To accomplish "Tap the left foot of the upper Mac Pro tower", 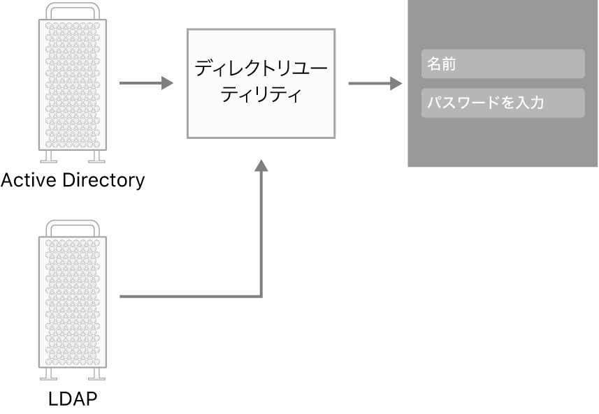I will pyautogui.click(x=49, y=156).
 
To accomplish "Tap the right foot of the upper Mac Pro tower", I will pyautogui.click(x=96, y=156).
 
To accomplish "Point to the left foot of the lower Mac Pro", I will pyautogui.click(x=49, y=374).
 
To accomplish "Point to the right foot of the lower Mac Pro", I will pyautogui.click(x=96, y=374).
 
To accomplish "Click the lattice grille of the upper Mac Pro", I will pyautogui.click(x=73, y=84).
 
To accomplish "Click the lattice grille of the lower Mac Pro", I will pyautogui.click(x=73, y=300).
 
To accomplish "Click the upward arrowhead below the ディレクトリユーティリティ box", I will pyautogui.click(x=261, y=165).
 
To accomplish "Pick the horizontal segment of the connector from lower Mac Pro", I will pyautogui.click(x=189, y=297).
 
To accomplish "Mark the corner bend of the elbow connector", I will pyautogui.click(x=261, y=297).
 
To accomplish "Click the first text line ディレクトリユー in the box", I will pyautogui.click(x=261, y=68).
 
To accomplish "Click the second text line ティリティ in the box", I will pyautogui.click(x=261, y=94).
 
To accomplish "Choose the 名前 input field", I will pyautogui.click(x=503, y=64).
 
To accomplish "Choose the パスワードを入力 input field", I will pyautogui.click(x=503, y=103).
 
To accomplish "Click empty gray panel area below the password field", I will pyautogui.click(x=503, y=143).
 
